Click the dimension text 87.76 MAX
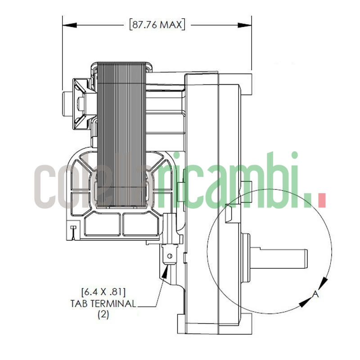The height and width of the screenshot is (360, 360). [x=157, y=24]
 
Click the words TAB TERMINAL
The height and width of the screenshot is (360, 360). [x=103, y=303]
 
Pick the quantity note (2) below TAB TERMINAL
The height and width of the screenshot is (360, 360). [x=103, y=315]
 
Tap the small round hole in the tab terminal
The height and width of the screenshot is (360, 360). [x=170, y=256]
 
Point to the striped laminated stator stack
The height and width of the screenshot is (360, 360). [x=121, y=135]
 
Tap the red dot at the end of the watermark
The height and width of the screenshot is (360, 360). [x=321, y=199]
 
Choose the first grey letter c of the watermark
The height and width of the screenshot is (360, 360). [x=47, y=185]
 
